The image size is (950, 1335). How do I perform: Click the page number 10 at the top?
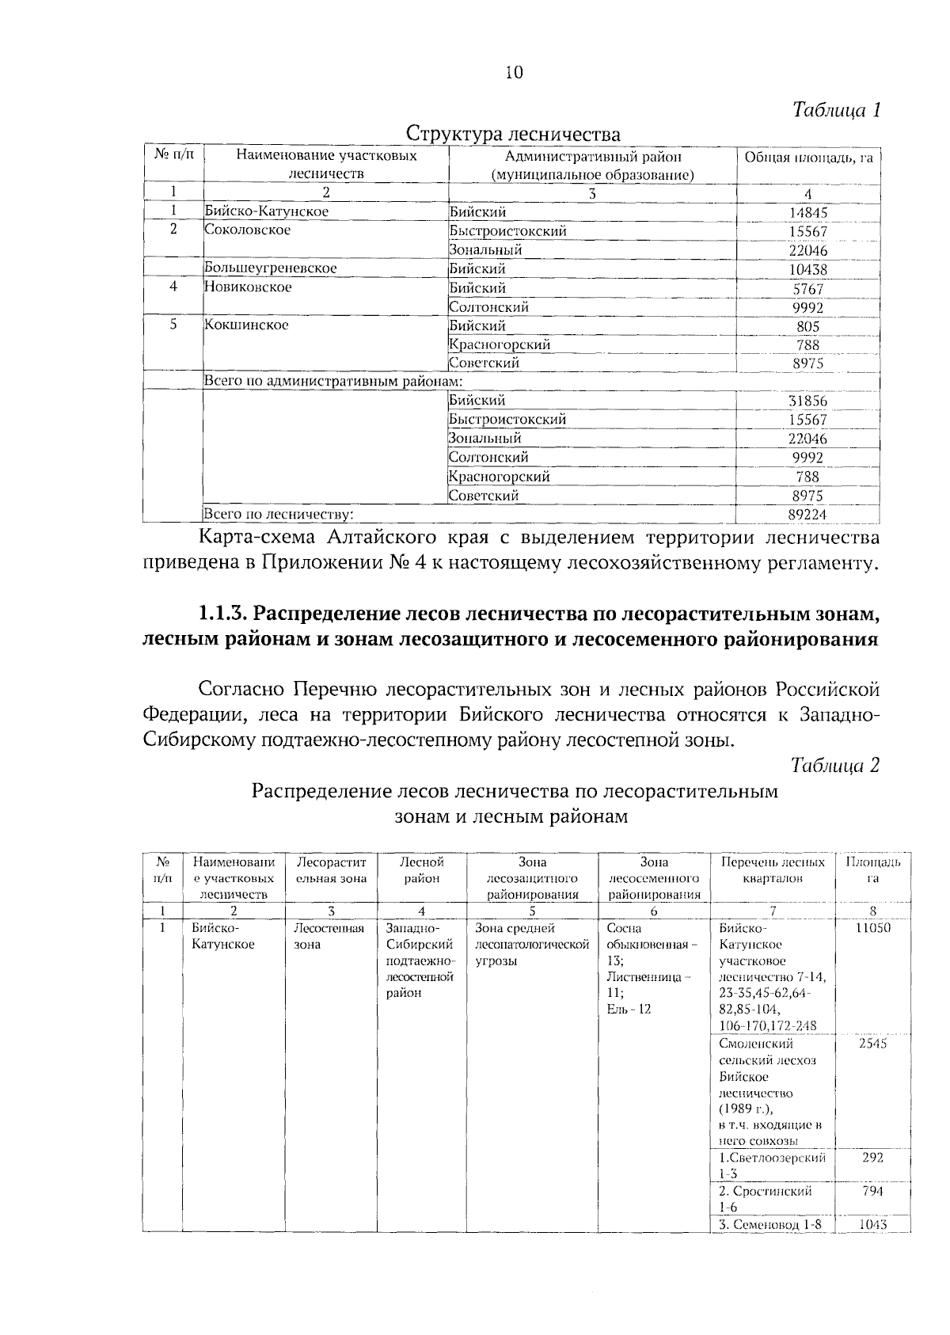point(514,73)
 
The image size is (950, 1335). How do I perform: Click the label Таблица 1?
point(837,109)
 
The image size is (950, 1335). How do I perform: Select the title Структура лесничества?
point(513,133)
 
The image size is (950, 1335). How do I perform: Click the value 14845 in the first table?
point(807,212)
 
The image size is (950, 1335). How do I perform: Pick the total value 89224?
point(807,515)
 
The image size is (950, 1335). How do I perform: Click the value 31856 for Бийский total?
point(807,401)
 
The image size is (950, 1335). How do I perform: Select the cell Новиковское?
point(248,287)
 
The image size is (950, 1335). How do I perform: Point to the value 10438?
point(807,269)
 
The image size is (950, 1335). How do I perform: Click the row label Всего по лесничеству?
point(278,515)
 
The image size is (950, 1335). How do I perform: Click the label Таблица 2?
point(835,765)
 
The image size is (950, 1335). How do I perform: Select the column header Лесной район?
point(422,869)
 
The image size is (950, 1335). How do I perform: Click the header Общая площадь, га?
point(807,158)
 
